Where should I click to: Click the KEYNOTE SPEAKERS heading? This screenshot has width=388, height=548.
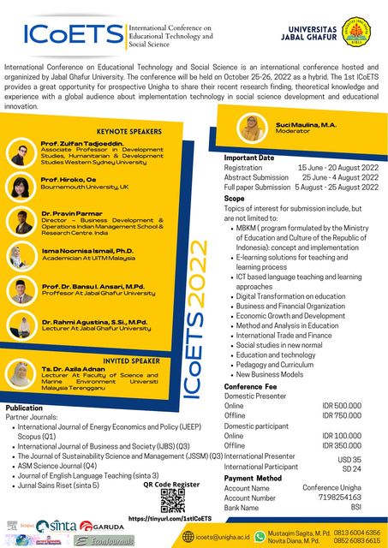(128, 131)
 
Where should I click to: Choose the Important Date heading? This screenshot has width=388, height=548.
(248, 158)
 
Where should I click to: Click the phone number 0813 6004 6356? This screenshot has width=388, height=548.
(357, 533)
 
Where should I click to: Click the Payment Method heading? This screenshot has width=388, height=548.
(253, 477)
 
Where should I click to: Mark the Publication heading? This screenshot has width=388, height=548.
(24, 408)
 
